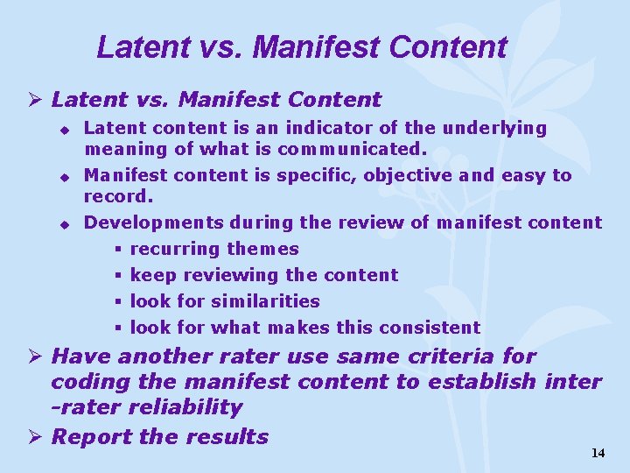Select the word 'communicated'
pyautogui.click(x=352, y=149)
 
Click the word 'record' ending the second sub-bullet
pyautogui.click(x=117, y=196)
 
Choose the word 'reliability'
pyautogui.click(x=185, y=407)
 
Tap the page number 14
pyautogui.click(x=598, y=453)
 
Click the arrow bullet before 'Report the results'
pyautogui.click(x=36, y=437)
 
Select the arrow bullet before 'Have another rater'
pyautogui.click(x=36, y=357)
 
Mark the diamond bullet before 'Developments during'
pyautogui.click(x=64, y=224)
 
